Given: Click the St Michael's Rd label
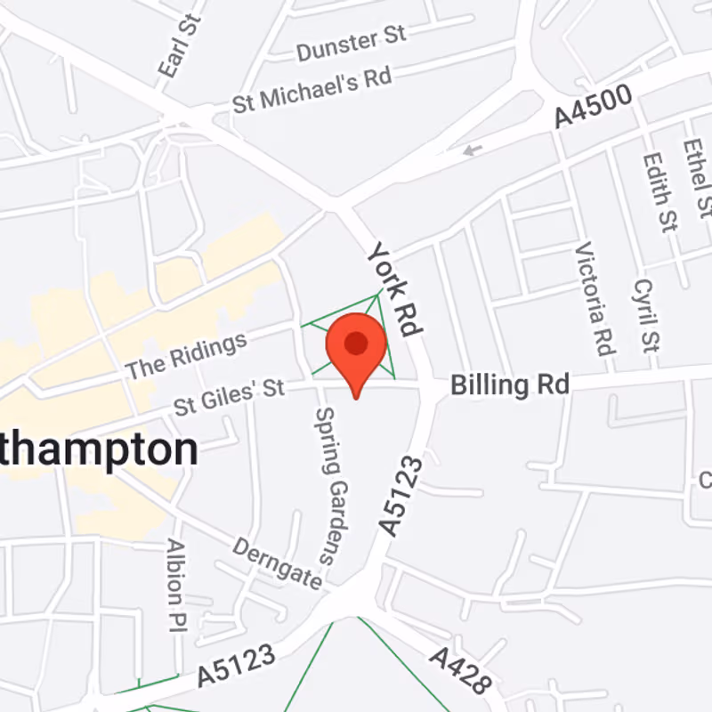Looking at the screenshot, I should click(x=311, y=90).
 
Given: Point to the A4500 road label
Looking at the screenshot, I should click(x=593, y=106).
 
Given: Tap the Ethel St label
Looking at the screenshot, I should click(x=697, y=178).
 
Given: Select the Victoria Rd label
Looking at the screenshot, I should click(x=596, y=298).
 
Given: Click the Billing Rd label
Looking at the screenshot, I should click(x=509, y=384).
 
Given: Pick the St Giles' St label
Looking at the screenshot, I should click(x=229, y=397).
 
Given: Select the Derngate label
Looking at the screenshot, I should click(x=277, y=563).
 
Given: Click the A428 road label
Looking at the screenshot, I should click(x=461, y=669).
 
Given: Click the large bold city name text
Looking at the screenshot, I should click(x=98, y=451).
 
